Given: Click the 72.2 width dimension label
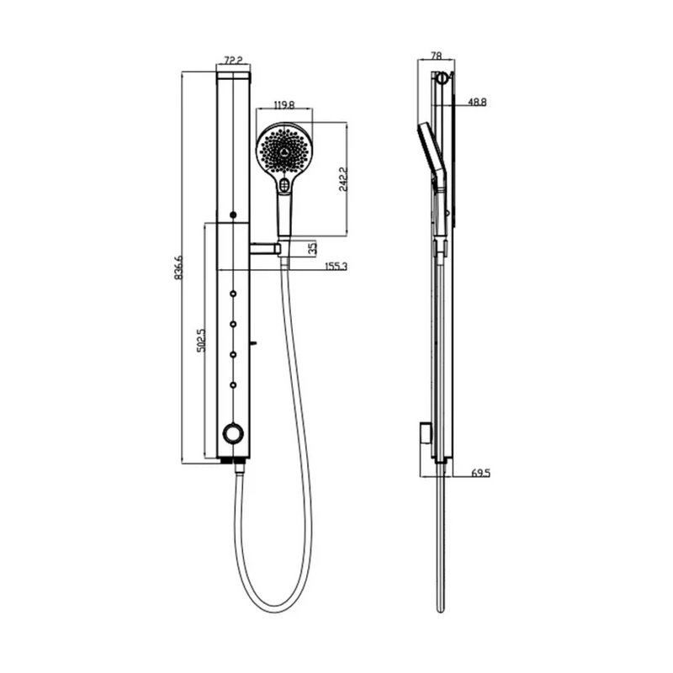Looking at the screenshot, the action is (234, 60).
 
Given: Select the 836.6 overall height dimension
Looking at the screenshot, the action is (178, 268).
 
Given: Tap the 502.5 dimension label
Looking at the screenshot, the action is (201, 341).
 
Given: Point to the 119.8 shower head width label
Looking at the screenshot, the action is (284, 104).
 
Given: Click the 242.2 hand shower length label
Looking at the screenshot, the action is (343, 179).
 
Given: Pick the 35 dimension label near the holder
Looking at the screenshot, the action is (313, 248).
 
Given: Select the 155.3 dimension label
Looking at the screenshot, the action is (336, 266).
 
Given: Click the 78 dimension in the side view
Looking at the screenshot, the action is (436, 56).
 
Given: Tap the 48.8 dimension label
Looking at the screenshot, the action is (477, 102).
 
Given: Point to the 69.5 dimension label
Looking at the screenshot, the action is (480, 474).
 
